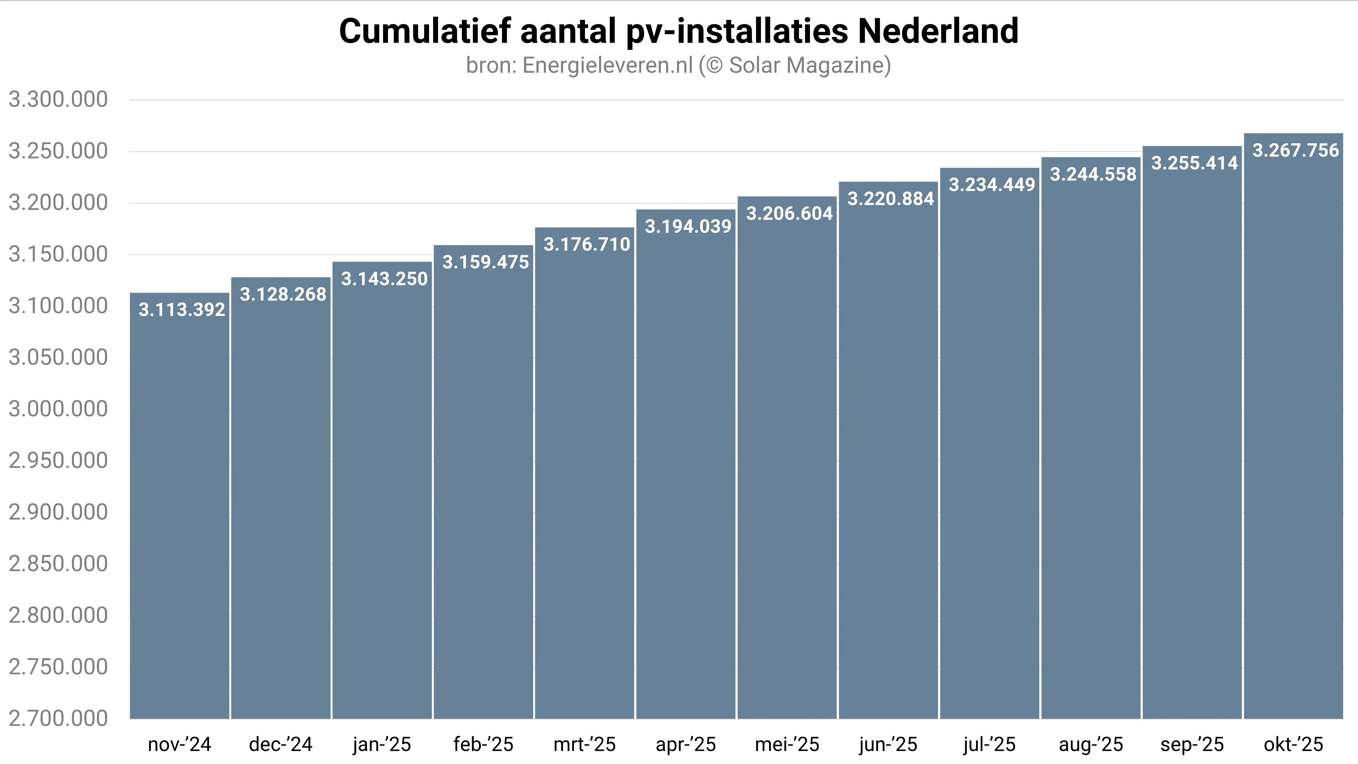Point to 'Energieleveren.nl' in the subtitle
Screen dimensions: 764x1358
coord(607,65)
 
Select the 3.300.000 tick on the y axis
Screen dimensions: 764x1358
coord(58,100)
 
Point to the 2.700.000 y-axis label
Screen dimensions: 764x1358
coord(58,719)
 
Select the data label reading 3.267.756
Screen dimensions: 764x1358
coord(1295,151)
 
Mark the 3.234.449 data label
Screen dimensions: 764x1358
coord(992,185)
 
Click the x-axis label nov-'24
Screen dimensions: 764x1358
coord(179,744)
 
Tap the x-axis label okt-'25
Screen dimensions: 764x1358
coord(1293,744)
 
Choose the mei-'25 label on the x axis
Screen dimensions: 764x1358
coord(787,744)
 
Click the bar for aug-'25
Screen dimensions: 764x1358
coord(1091,448)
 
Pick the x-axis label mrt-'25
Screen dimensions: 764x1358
coord(585,744)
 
